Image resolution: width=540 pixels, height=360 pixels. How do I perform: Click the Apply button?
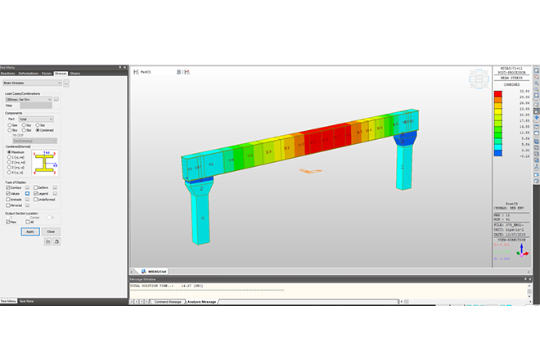(29, 232)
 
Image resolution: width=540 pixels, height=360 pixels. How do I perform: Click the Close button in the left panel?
(51, 232)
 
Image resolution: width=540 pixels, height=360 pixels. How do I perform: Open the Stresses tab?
(61, 74)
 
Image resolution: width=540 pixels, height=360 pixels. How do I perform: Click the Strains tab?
(75, 74)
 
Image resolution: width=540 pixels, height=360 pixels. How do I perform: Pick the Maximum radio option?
(7, 152)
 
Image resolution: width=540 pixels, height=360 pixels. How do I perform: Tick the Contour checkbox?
(7, 187)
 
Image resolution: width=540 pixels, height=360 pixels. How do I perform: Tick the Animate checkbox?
(7, 198)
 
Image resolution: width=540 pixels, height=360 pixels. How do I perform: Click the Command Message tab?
(169, 302)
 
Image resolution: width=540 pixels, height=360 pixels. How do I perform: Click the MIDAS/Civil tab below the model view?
(155, 271)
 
